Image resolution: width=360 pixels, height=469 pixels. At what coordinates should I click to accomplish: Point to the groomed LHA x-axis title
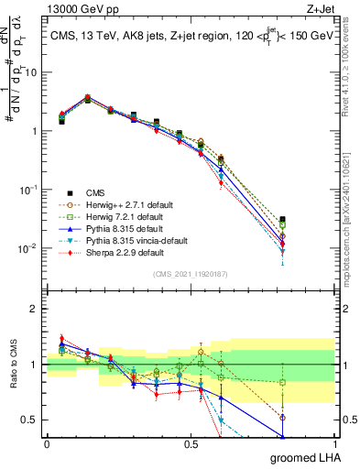[x=303, y=457]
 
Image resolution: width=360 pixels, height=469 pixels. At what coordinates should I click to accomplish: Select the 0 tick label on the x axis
[x=47, y=444]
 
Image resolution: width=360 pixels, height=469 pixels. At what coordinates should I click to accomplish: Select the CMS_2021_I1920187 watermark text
[x=191, y=274]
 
